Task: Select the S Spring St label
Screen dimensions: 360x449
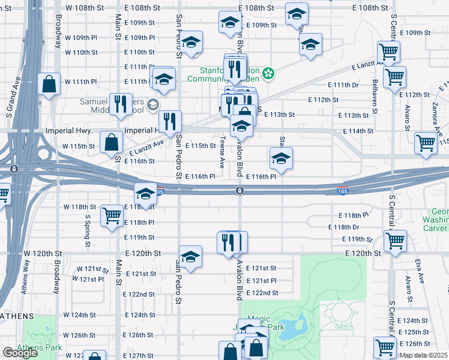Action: (87, 234)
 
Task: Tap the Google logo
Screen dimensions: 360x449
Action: (20, 353)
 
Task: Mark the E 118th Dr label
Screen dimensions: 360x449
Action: (343, 227)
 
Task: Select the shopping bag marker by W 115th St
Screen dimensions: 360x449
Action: (112, 142)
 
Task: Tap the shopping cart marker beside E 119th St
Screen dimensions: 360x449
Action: (395, 241)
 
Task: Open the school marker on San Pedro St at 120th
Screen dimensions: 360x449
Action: (190, 256)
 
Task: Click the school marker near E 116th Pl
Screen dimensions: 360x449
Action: (280, 159)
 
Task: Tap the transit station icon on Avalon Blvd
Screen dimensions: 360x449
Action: (240, 191)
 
